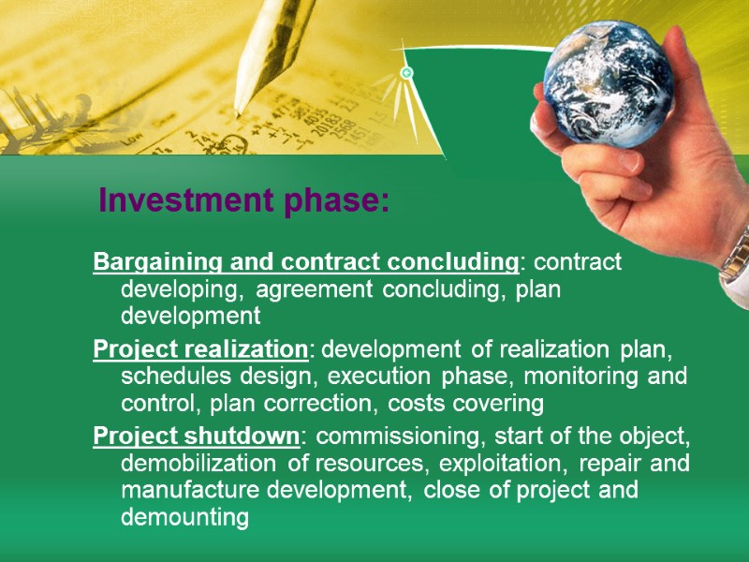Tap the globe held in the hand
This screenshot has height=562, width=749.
pyautogui.click(x=608, y=84)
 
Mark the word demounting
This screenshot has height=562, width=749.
pyautogui.click(x=184, y=518)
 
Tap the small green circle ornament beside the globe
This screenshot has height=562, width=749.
pyautogui.click(x=406, y=72)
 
